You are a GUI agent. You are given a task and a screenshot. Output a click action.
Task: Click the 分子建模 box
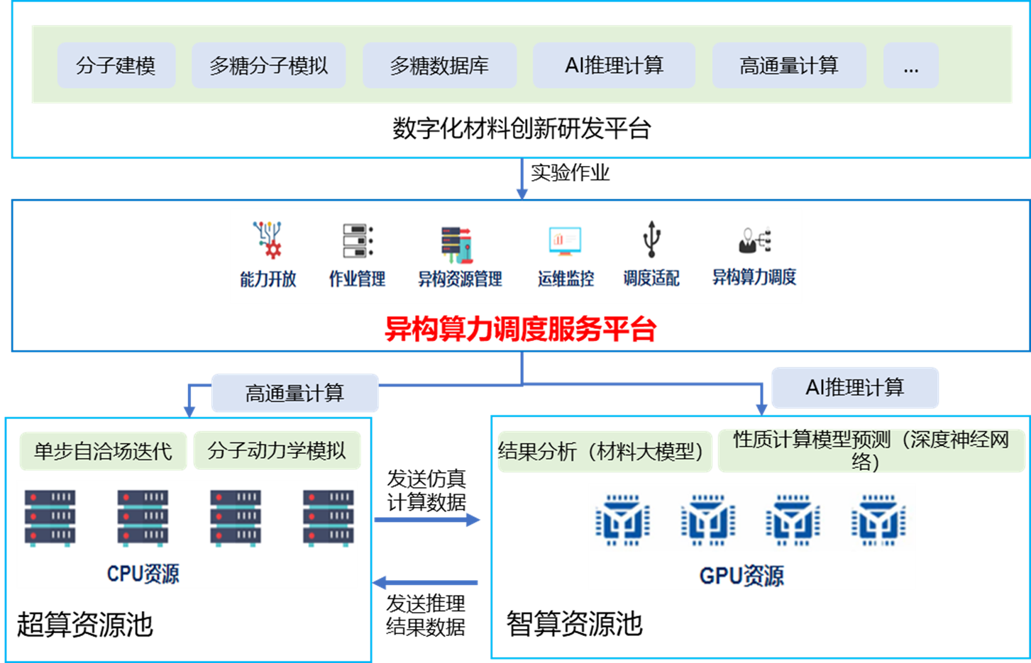pos(116,65)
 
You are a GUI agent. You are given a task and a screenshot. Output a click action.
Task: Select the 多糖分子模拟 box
pos(268,65)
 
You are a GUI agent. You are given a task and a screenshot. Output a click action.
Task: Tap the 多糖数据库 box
pos(439,65)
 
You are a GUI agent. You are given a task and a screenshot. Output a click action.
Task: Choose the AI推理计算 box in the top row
pos(614,65)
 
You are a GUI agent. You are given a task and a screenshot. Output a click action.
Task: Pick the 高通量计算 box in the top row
pos(789,65)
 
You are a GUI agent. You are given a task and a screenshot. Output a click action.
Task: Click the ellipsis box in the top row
pos(911,65)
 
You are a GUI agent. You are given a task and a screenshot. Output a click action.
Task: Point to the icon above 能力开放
pos(268,239)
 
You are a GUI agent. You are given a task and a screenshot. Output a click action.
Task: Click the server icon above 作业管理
pos(357,240)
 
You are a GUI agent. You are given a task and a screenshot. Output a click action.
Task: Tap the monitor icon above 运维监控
pos(565,241)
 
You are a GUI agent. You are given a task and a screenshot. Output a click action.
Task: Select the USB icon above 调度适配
pos(651,238)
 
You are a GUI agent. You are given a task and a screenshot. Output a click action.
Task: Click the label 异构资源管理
pos(460,279)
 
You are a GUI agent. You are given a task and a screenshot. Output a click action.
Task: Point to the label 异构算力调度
pos(754,277)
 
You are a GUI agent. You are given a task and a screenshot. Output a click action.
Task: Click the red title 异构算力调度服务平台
pos(520,329)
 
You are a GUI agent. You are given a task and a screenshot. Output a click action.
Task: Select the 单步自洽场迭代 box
pos(104,451)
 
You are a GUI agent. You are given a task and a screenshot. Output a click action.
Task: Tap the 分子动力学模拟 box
pos(277,450)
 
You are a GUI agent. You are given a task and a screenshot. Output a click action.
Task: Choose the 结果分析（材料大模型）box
pos(605,451)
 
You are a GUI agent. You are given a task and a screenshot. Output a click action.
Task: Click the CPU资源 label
pos(143,573)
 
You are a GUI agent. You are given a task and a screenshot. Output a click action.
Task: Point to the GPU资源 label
pos(741,575)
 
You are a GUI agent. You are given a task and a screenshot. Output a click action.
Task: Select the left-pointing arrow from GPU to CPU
pos(426,582)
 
